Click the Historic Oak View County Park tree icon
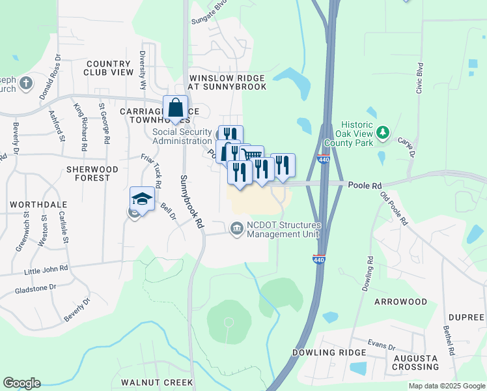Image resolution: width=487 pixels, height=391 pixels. (x=383, y=133)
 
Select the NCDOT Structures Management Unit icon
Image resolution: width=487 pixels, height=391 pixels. (x=235, y=227)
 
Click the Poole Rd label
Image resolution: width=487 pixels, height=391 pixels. (x=363, y=186)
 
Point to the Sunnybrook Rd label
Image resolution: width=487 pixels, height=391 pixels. (x=192, y=201)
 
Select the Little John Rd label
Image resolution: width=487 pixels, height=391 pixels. (x=46, y=268)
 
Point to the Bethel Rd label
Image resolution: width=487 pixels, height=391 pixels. (x=449, y=341)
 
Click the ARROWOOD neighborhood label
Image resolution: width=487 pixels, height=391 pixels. (x=400, y=302)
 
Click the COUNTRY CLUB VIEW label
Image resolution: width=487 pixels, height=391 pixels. (x=108, y=68)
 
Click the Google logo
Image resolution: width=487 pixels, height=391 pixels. (x=21, y=383)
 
